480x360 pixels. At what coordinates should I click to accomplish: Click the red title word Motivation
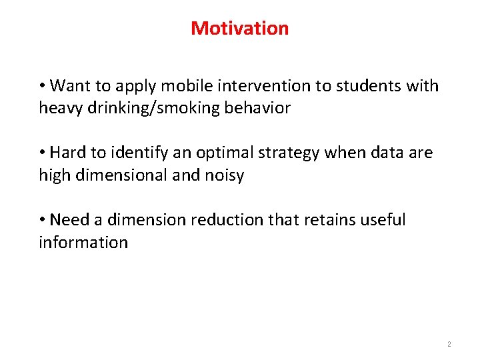(239, 29)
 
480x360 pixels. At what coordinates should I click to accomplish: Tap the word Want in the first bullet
(69, 86)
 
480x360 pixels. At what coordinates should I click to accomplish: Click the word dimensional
(117, 175)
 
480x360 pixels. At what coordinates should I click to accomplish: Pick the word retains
(327, 219)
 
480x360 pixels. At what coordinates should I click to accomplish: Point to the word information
(83, 241)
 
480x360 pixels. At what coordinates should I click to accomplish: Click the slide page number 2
(449, 345)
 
